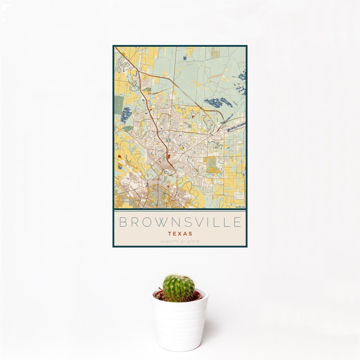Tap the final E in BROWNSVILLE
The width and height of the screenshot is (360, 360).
(x=238, y=222)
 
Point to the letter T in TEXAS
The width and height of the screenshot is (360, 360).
(x=169, y=234)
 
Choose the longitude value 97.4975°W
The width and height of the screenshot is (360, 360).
(x=190, y=242)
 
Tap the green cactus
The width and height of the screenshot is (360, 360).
(x=179, y=288)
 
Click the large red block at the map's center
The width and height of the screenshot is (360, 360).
(x=168, y=158)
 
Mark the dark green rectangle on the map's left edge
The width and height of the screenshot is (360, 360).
(x=118, y=104)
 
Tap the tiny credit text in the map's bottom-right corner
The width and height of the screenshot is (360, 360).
(x=239, y=207)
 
